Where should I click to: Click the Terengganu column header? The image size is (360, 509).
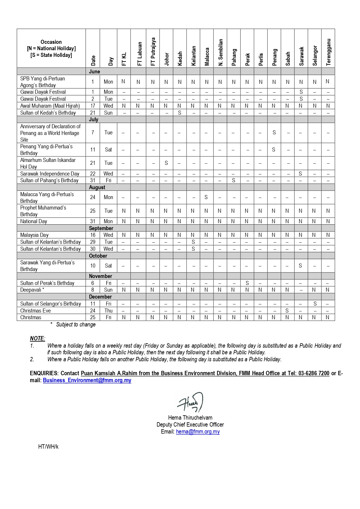328,52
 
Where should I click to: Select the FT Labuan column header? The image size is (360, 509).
140,54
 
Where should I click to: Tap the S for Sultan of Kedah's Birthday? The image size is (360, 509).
180,113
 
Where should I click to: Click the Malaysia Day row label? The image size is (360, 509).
34,235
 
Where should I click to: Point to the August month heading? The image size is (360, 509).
97,187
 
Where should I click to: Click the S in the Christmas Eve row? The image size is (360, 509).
287,311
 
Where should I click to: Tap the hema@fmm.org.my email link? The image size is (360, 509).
198,432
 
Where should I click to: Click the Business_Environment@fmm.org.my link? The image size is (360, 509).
87,380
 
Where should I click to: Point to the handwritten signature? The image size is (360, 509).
191,402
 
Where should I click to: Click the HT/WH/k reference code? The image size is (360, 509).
48,447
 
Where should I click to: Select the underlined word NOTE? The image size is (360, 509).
37,338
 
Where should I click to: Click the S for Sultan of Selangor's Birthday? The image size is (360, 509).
315,304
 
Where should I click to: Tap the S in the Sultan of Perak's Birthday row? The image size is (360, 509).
247,283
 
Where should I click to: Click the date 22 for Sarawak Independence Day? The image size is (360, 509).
93,174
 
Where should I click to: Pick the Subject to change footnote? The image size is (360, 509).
76,324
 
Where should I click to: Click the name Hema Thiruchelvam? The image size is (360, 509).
190,418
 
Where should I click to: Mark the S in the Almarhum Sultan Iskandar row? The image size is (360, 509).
166,163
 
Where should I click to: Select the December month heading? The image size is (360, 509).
100,297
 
